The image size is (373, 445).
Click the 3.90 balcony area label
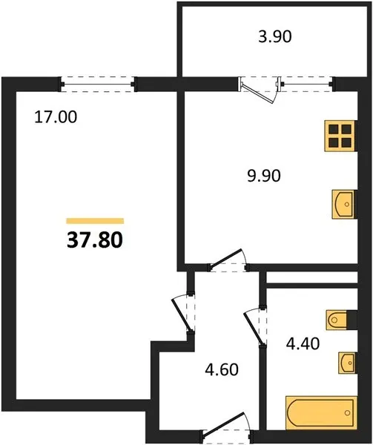point(275,37)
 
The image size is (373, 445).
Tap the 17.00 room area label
point(56,117)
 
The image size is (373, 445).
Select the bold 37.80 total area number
point(95,240)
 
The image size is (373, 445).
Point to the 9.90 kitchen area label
point(264,175)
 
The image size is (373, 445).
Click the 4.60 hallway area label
point(222,370)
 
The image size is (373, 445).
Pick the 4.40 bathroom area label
point(303,343)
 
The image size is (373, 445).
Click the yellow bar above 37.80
point(95,221)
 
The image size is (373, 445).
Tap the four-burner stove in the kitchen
point(340,136)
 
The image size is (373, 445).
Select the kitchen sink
point(344,204)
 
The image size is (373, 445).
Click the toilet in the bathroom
point(337,320)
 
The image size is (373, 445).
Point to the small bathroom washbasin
point(346,363)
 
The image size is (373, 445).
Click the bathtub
point(321,412)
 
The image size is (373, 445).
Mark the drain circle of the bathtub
point(348,413)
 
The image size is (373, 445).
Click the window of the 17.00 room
point(98,85)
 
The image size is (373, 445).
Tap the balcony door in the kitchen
point(260,90)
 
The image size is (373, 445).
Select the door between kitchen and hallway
point(228,260)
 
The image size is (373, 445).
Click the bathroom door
point(255,327)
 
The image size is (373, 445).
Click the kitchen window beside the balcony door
point(306,85)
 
